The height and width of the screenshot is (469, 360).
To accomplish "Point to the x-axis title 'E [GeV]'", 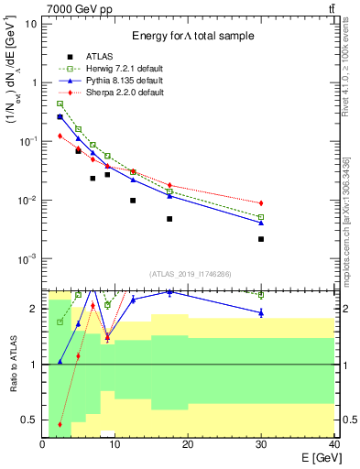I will tap(313, 457).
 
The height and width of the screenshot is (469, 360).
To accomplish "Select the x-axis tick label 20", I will tap(188, 444).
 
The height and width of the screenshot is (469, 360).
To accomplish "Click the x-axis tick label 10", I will tap(115, 444).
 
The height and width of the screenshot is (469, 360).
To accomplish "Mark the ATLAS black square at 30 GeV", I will tap(261, 239).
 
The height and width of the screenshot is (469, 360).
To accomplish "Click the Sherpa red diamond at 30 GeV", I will tap(261, 202).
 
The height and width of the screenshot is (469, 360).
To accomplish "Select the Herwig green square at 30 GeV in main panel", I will tap(261, 217).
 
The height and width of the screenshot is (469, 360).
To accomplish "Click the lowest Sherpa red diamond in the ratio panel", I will tap(60, 424).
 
